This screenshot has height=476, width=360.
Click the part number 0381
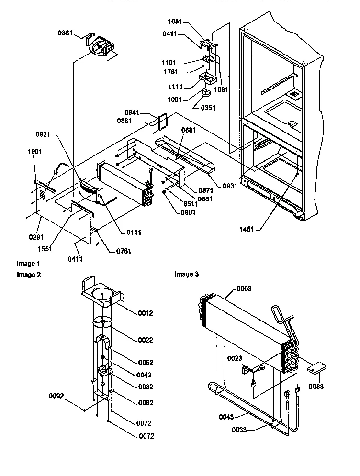[x=65, y=33]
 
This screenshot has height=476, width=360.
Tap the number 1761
[x=171, y=72]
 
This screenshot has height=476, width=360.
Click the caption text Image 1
[x=28, y=264]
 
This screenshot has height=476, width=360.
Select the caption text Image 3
[x=186, y=274]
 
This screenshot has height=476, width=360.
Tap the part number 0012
[x=145, y=313]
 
